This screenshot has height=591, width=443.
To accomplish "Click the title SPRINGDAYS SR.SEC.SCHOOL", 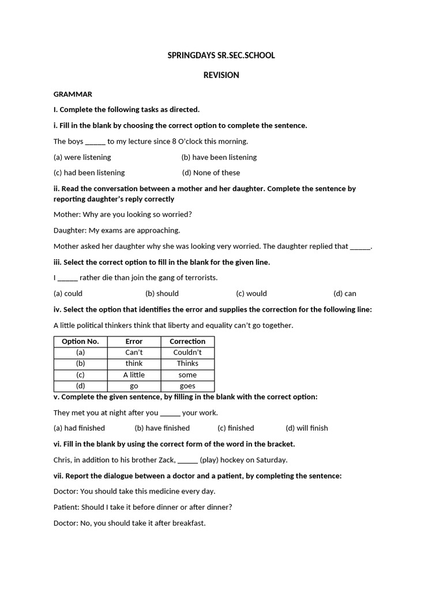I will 221,55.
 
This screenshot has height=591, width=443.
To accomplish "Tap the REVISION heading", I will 221,75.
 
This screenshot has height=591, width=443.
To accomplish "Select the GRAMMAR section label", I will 73,94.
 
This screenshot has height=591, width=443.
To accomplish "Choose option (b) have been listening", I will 219,157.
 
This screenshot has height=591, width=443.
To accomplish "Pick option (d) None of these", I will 211,173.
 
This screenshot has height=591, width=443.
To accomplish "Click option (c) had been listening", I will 89,173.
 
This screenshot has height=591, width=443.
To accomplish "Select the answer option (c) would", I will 251,293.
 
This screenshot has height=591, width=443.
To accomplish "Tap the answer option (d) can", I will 345,293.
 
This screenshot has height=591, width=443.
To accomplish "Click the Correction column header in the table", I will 187,342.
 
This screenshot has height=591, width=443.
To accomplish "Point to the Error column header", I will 134,342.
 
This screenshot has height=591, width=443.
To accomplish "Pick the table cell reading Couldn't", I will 187,353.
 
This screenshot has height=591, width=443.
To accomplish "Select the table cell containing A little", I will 134,375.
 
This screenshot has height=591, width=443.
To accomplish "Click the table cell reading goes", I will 187,386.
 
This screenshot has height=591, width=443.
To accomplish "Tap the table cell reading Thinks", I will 187,364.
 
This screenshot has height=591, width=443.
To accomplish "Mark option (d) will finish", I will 307,428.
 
